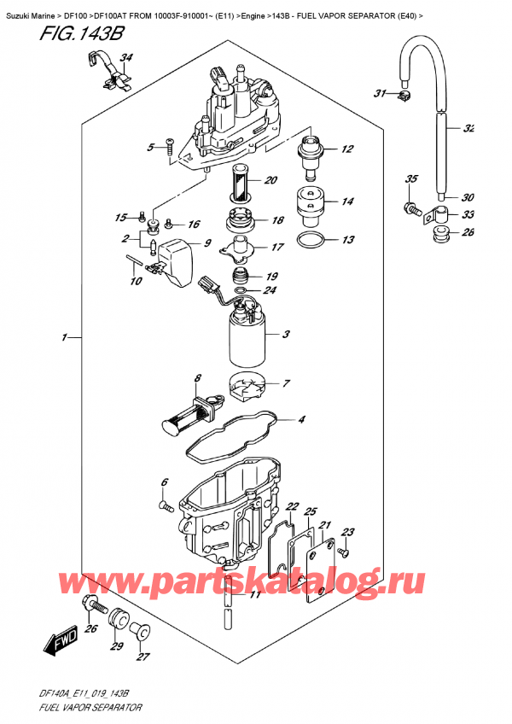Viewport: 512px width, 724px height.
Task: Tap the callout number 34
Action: pos(126,59)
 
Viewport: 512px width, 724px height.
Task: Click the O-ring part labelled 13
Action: pos(311,238)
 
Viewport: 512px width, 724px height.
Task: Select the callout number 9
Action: pos(204,242)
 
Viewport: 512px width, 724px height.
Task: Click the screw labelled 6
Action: pos(164,508)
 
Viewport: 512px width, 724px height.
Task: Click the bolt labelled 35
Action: pos(414,207)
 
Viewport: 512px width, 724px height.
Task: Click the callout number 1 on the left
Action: pos(64,338)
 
